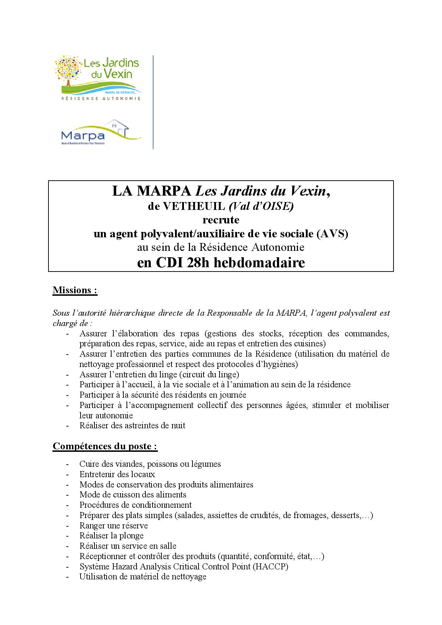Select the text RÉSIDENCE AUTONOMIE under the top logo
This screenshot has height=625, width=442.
coord(101,98)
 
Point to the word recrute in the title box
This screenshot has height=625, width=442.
coord(221,219)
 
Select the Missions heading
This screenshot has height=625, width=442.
coord(75,290)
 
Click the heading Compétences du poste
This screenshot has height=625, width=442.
coord(105,446)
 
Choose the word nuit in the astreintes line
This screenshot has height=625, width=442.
coord(178,425)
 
